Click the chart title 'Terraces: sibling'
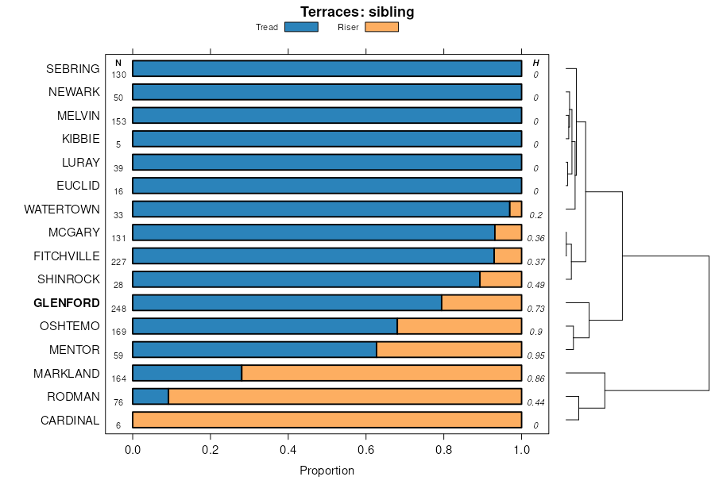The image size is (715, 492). tap(357, 12)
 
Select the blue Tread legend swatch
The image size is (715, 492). tap(300, 27)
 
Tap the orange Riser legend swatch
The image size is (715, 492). tap(381, 27)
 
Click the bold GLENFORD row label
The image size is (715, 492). tap(67, 303)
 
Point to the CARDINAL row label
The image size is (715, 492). tap(70, 421)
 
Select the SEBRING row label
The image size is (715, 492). tap(73, 69)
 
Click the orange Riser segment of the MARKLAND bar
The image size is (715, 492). tap(381, 373)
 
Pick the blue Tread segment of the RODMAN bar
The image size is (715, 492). tap(150, 397)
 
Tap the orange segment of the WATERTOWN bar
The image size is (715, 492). tap(516, 209)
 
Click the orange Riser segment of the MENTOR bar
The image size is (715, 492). tap(449, 350)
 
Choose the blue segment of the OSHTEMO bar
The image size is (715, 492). tap(265, 326)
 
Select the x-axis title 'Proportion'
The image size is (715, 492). tap(327, 471)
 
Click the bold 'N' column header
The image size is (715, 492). tap(118, 63)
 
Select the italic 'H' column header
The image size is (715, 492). tap(535, 63)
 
